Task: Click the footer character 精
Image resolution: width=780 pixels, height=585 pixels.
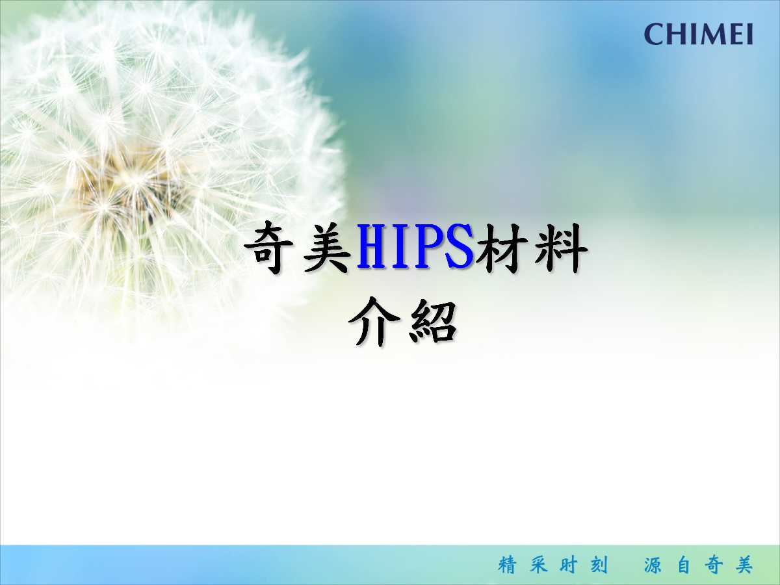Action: [x=508, y=565]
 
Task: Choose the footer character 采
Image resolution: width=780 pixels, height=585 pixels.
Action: [x=538, y=565]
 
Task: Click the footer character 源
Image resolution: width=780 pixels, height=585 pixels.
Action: [x=653, y=565]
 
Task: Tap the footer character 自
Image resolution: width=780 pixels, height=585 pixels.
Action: [x=684, y=565]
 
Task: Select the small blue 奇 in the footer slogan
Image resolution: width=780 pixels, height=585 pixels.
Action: [x=714, y=565]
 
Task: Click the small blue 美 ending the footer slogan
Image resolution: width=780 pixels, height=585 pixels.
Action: [x=744, y=565]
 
